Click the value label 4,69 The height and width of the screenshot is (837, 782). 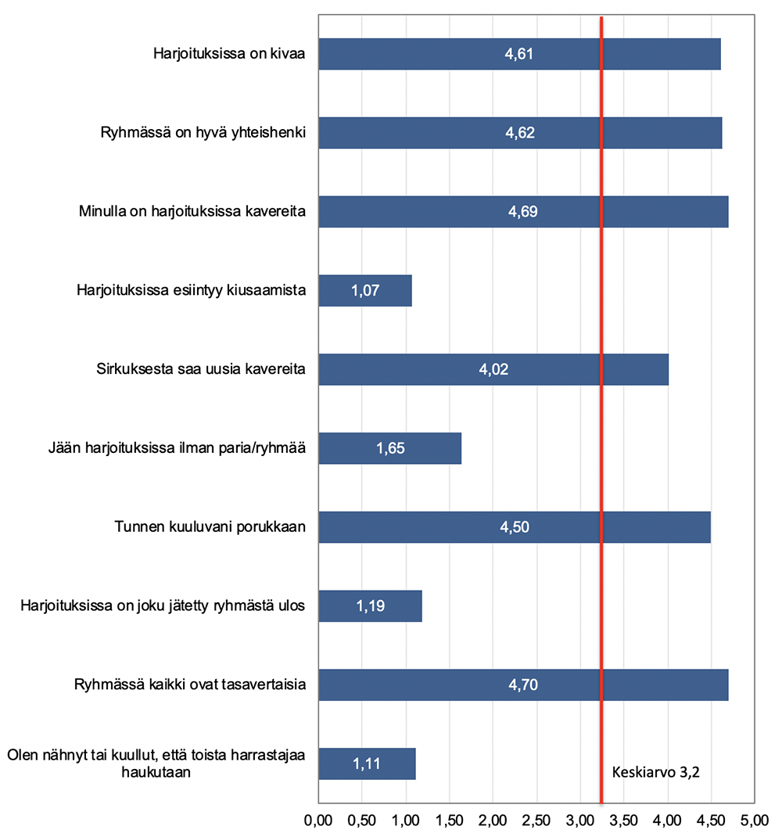tap(522, 212)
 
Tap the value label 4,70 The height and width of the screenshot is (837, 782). tap(523, 685)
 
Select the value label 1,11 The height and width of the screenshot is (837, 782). tap(367, 763)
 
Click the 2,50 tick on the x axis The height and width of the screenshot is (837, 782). tap(536, 821)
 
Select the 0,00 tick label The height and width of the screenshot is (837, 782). tap(319, 821)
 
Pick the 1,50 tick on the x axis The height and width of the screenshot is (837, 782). tap(450, 821)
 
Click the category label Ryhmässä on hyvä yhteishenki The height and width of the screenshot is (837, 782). tap(203, 133)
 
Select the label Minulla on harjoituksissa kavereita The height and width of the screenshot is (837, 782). tap(192, 212)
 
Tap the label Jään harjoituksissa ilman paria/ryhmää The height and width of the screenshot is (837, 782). tap(176, 448)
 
